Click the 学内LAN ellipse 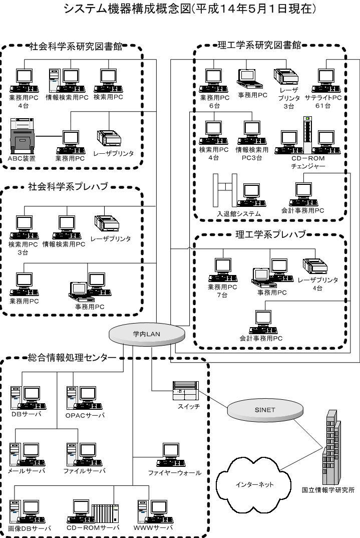(x=147, y=334)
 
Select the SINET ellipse (x=265, y=410)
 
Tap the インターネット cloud (x=254, y=484)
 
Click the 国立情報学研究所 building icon (x=331, y=447)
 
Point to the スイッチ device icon (x=186, y=391)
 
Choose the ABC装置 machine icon (x=23, y=136)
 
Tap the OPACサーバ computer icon (x=85, y=398)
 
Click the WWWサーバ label (x=153, y=527)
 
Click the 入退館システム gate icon (x=225, y=190)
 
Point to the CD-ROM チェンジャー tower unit (x=308, y=135)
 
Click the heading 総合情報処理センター (x=72, y=358)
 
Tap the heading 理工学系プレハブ (x=270, y=235)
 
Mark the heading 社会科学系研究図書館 (x=76, y=46)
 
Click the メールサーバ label (x=27, y=471)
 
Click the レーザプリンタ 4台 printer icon (x=315, y=266)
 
